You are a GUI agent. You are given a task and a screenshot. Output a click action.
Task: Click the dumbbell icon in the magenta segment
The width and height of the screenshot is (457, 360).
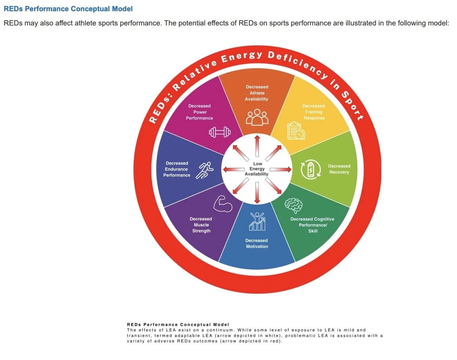click(220, 132)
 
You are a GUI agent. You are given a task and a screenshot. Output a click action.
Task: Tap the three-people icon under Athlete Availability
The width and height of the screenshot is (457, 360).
click(257, 117)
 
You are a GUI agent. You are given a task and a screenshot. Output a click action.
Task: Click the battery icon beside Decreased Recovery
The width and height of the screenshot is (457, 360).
click(311, 169)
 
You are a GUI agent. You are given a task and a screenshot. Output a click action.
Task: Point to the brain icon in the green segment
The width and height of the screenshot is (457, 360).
click(294, 205)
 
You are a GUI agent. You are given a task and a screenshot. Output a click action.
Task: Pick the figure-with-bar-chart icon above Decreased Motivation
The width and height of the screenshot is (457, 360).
click(257, 221)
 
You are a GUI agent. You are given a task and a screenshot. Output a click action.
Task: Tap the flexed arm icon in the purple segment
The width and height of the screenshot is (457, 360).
click(223, 204)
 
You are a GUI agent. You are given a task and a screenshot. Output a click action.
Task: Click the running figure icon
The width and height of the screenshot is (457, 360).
click(205, 170)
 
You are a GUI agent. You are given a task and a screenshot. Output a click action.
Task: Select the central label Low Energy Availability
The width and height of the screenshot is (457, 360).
click(257, 169)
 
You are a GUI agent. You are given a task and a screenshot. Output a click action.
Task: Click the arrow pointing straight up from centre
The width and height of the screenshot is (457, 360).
click(257, 146)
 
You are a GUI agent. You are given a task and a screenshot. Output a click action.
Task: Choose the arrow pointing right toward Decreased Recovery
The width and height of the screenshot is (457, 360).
click(280, 169)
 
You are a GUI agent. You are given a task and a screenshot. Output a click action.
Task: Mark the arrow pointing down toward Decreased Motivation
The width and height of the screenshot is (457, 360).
click(257, 193)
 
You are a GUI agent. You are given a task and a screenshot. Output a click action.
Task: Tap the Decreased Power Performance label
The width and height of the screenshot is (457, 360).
click(199, 112)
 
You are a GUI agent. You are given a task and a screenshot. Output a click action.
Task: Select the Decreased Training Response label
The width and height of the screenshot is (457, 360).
click(314, 112)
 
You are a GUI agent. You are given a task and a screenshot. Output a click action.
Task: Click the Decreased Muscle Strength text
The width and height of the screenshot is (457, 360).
click(201, 225)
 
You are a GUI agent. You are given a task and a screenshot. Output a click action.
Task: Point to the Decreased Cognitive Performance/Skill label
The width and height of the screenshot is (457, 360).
click(312, 225)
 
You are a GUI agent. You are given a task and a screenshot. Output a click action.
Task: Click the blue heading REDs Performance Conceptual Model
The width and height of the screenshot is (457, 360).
click(68, 9)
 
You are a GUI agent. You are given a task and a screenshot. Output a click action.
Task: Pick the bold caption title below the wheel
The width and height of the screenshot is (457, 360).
click(178, 324)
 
